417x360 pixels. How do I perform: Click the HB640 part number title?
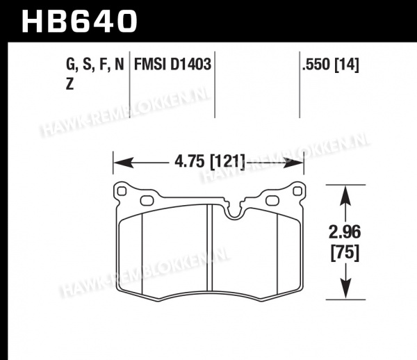pos(79,22)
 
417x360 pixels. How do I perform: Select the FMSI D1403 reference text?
pos(172,65)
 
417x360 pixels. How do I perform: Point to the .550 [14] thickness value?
pos(331,65)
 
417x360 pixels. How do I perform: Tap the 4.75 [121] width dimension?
pos(209,162)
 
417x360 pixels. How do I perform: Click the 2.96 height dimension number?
pos(345,232)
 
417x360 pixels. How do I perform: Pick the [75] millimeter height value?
pos(345,252)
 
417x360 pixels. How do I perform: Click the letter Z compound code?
pos(69,85)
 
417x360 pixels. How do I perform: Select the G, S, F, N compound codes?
pos(95,65)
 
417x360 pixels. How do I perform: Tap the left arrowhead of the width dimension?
pos(124,163)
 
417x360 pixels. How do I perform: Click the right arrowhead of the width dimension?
pos(293,163)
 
